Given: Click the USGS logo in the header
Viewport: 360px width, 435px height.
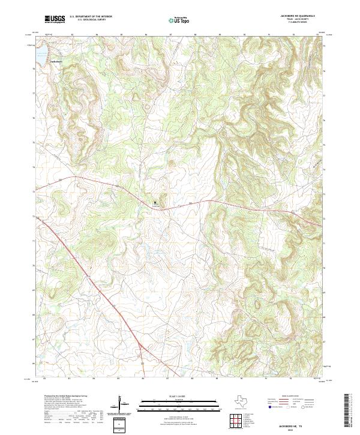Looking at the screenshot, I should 55,20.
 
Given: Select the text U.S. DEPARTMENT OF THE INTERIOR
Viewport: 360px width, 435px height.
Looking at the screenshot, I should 91,17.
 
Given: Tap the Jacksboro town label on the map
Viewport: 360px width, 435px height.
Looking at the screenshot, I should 40,61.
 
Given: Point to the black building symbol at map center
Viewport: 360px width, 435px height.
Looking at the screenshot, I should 155,203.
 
